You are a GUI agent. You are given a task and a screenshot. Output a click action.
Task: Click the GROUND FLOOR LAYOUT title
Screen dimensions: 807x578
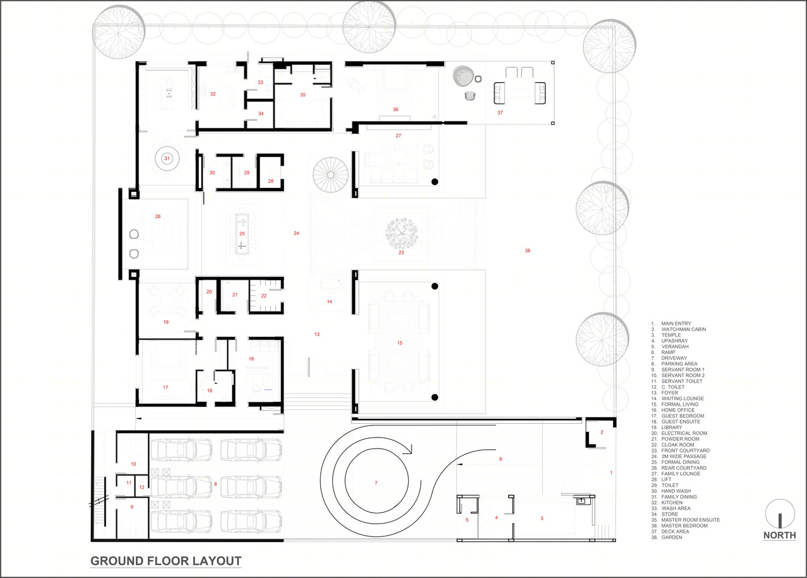click(x=166, y=561)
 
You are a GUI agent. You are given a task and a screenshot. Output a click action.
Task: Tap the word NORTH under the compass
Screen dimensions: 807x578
click(x=780, y=535)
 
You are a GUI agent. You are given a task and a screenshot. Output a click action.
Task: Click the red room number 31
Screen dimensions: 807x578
click(x=167, y=158)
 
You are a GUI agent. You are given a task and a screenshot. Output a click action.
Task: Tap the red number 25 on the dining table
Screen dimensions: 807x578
click(x=242, y=234)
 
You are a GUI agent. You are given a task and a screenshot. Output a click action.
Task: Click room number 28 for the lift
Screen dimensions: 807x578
click(x=271, y=181)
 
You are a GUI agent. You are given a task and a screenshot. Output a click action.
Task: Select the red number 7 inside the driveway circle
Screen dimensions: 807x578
click(x=376, y=483)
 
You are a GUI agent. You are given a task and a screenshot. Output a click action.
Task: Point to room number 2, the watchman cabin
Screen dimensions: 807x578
click(x=602, y=432)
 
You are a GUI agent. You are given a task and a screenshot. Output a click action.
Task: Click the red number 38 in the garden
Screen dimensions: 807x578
click(x=527, y=251)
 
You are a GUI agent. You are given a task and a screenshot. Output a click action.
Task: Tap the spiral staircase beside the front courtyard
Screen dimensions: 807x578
click(x=330, y=175)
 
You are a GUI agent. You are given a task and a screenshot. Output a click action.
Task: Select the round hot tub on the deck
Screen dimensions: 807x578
click(x=463, y=76)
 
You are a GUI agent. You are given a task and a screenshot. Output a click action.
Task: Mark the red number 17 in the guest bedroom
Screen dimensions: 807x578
click(x=166, y=387)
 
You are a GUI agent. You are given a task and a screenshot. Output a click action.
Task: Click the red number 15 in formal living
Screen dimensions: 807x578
click(x=399, y=343)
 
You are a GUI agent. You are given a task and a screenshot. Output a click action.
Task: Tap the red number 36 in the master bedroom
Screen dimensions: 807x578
click(x=395, y=109)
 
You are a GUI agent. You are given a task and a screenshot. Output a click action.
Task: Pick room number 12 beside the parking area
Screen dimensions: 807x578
click(x=142, y=487)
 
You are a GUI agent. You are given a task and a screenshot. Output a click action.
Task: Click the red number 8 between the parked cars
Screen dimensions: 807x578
click(x=216, y=484)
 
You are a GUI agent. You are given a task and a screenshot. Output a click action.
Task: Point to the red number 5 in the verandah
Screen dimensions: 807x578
click(x=467, y=520)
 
